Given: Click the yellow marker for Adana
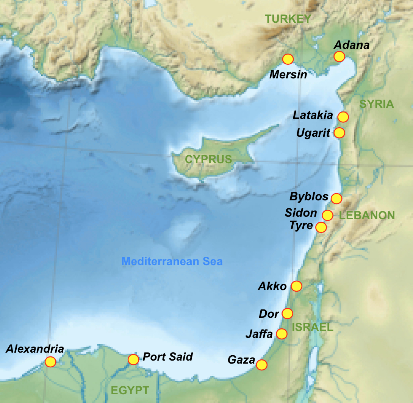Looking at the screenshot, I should [x=339, y=56].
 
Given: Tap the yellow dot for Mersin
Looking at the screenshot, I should [x=288, y=59].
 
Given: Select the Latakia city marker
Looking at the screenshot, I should [x=343, y=117].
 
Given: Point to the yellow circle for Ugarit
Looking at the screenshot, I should [x=339, y=133].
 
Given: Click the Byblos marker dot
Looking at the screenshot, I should [x=336, y=198].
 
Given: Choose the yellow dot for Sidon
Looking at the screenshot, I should [x=327, y=215].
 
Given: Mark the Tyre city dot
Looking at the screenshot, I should [x=321, y=227].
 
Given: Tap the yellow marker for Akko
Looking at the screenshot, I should [x=296, y=286].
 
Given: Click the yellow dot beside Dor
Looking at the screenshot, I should [x=288, y=314].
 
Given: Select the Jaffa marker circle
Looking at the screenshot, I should [x=282, y=334].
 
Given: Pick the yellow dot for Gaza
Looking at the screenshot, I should [x=261, y=365].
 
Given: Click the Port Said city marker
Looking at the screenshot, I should [x=133, y=359].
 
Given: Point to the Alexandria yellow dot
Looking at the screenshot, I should [x=50, y=362].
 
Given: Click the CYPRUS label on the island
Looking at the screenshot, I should [x=208, y=159].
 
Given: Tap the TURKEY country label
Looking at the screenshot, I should [x=288, y=19].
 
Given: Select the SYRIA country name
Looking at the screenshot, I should [x=377, y=105].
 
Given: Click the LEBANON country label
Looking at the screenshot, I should [x=367, y=216].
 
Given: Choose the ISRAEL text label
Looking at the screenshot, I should [x=312, y=327].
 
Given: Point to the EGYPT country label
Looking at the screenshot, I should [x=130, y=390].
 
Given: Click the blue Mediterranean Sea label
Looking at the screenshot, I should [x=172, y=261].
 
